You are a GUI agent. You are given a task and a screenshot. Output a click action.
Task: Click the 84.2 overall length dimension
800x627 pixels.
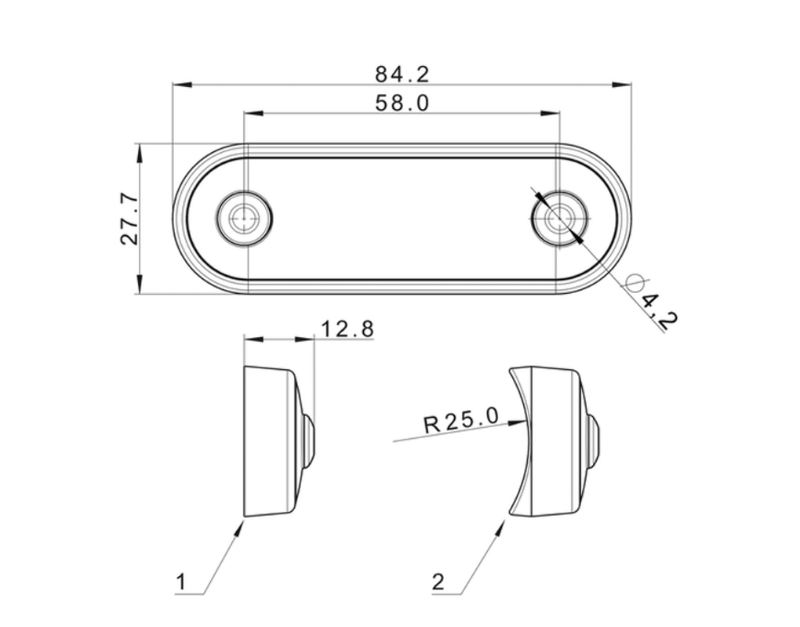(x=402, y=74)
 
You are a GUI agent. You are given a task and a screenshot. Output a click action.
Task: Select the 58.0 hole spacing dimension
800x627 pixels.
(x=402, y=103)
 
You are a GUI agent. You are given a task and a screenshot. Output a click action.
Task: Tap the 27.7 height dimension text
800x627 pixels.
(x=129, y=218)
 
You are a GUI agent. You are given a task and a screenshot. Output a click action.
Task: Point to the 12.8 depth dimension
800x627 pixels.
(x=347, y=329)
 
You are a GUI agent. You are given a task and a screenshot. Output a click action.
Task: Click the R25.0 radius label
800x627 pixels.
(x=460, y=421)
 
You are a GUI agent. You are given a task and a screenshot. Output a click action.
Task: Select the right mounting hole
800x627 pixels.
(x=559, y=218)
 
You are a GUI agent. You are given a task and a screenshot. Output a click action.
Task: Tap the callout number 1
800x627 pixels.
(x=181, y=582)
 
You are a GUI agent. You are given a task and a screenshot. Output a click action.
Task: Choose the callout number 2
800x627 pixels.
(x=438, y=582)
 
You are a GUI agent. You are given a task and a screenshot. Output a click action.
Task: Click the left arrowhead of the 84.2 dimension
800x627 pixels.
(x=182, y=85)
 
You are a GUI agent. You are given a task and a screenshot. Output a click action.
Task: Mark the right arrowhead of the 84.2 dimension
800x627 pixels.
(x=622, y=85)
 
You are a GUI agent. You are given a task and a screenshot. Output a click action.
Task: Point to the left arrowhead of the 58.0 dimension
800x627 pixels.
(x=253, y=113)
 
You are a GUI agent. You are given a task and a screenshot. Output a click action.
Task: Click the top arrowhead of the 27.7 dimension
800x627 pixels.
(x=140, y=154)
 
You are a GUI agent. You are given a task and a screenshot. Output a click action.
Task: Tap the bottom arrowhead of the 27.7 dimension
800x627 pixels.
(x=140, y=284)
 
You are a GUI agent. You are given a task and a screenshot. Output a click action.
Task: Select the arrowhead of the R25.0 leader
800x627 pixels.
(x=517, y=422)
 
